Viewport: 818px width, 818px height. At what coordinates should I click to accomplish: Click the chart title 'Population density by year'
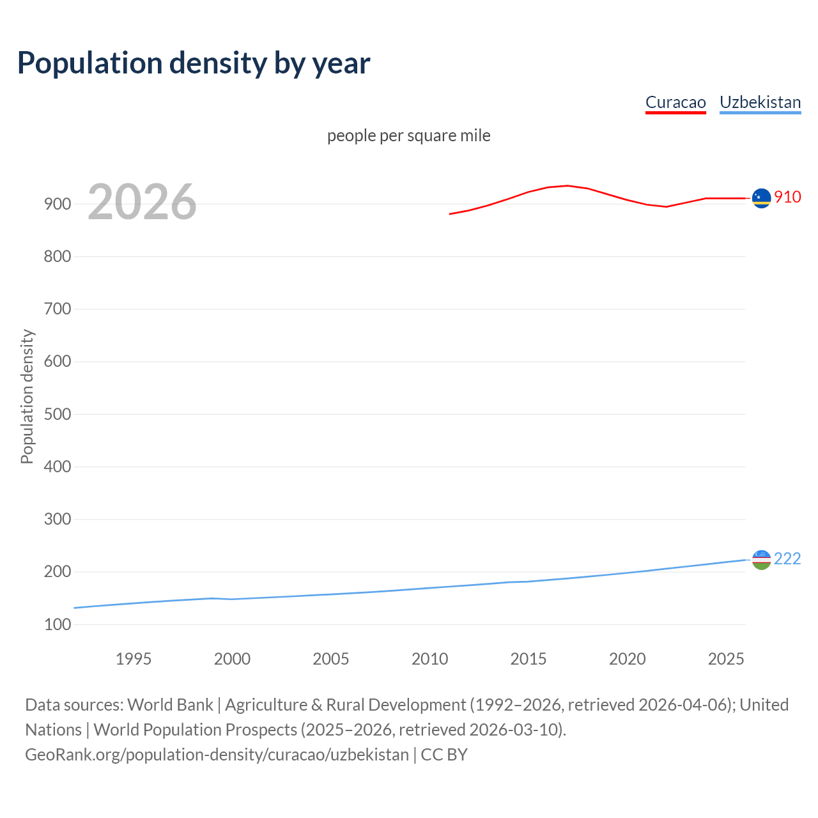[x=194, y=63]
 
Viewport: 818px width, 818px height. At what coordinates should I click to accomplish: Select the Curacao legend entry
[x=675, y=102]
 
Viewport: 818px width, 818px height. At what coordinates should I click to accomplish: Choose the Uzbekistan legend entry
[x=760, y=102]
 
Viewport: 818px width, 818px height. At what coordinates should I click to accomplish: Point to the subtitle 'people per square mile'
[x=409, y=135]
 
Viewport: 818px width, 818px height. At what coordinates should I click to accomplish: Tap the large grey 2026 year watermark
[x=142, y=202]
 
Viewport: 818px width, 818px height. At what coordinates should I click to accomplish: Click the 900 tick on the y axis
[x=58, y=204]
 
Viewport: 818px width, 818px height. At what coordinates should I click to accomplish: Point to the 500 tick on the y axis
[x=58, y=414]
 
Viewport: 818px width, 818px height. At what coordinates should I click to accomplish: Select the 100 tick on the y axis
[x=58, y=624]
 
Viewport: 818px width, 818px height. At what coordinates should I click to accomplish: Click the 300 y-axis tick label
[x=58, y=519]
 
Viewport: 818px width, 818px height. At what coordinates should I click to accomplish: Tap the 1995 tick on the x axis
[x=134, y=659]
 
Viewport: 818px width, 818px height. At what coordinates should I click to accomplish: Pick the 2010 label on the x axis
[x=429, y=659]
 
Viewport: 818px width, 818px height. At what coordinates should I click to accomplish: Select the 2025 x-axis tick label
[x=726, y=659]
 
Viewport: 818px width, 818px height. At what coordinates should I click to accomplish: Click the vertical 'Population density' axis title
[x=27, y=396]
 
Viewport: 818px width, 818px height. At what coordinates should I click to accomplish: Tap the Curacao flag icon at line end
[x=761, y=199]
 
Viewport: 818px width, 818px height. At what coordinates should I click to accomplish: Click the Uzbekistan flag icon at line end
[x=761, y=560]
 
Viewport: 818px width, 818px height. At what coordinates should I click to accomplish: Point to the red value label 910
[x=787, y=197]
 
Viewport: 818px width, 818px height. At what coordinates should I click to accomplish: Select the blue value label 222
[x=787, y=559]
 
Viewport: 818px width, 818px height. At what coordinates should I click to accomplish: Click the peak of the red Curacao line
[x=567, y=185]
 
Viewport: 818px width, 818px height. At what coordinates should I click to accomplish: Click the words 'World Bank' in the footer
[x=170, y=704]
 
